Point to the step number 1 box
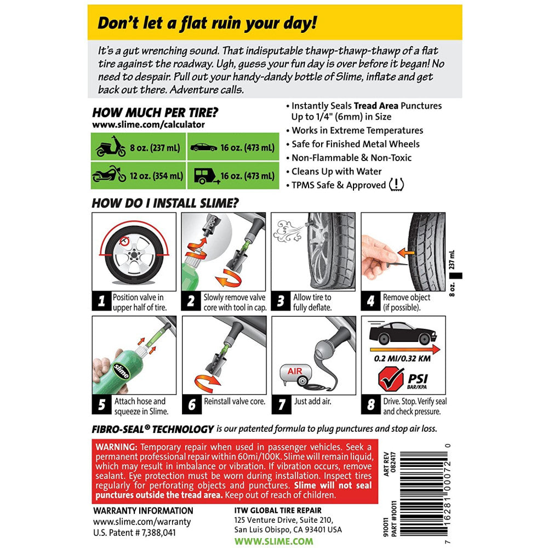[x=101, y=302]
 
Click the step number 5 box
[x=101, y=405]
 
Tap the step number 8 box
[x=371, y=405]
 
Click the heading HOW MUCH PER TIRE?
[x=155, y=113]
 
